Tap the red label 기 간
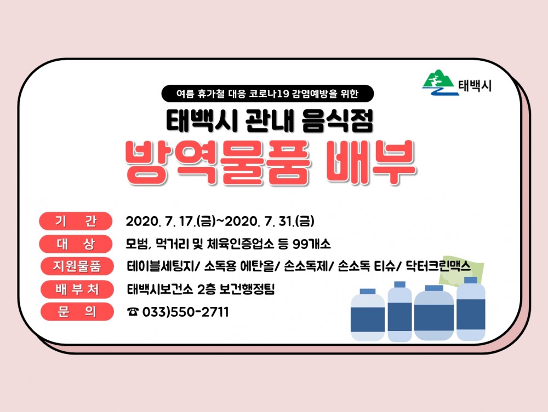76,221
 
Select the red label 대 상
76,244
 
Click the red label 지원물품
77,266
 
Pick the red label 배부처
77,289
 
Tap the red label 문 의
77,311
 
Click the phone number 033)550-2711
186,312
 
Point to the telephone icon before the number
133,312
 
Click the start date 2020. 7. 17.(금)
170,221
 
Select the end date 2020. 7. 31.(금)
269,221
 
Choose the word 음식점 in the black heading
337,121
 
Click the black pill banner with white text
267,94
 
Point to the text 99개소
312,244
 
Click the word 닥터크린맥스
438,266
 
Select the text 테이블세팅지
159,266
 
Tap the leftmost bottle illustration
367,315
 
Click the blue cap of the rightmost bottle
471,280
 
